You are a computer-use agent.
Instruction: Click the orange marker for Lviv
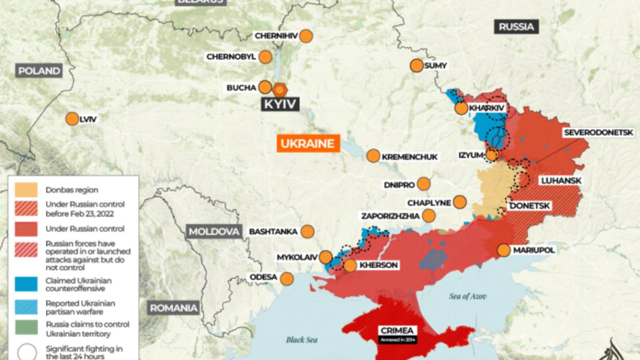71,119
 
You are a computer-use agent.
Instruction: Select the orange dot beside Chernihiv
306,36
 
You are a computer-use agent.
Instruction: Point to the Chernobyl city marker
265,57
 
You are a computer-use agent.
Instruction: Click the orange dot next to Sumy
416,66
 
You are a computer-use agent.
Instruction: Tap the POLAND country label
39,71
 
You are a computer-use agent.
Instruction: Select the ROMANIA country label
173,308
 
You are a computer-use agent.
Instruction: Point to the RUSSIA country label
516,26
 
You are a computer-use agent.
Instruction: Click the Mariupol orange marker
503,250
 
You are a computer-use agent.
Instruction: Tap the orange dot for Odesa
287,278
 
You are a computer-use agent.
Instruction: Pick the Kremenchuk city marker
373,156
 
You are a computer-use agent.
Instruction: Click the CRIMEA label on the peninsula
396,330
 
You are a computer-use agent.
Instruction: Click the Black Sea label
302,339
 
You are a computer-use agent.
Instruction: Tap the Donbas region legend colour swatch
26,189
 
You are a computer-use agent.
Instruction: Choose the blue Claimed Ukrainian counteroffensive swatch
26,284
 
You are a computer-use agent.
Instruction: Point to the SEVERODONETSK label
598,132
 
